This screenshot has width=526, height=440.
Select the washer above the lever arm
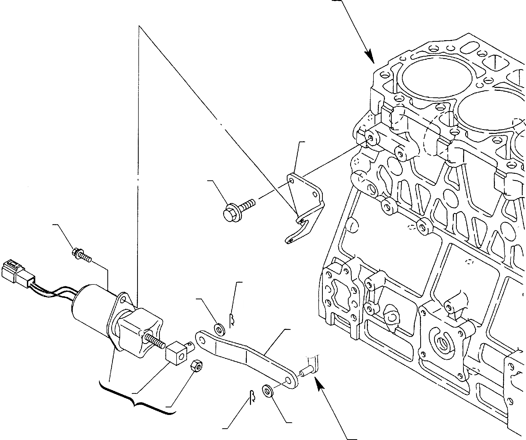pyautogui.click(x=219, y=329)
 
